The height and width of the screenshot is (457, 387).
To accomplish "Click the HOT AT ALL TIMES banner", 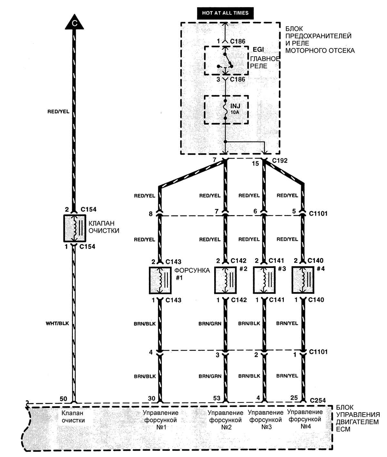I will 225,13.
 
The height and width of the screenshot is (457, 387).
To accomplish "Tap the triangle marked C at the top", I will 74,23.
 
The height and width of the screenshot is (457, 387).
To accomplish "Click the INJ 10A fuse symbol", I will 226,109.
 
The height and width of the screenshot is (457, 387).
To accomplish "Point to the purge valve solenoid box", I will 74,228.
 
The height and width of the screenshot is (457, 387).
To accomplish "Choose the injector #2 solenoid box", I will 225,280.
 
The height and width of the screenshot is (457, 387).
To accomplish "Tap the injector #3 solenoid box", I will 264,280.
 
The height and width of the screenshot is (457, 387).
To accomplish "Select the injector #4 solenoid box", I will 302,280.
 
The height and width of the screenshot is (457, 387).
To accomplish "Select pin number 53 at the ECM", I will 217,399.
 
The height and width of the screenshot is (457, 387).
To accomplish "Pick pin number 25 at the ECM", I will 294,398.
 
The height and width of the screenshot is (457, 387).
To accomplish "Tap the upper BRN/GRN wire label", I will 210,324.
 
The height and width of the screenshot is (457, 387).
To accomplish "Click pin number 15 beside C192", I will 255,164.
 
